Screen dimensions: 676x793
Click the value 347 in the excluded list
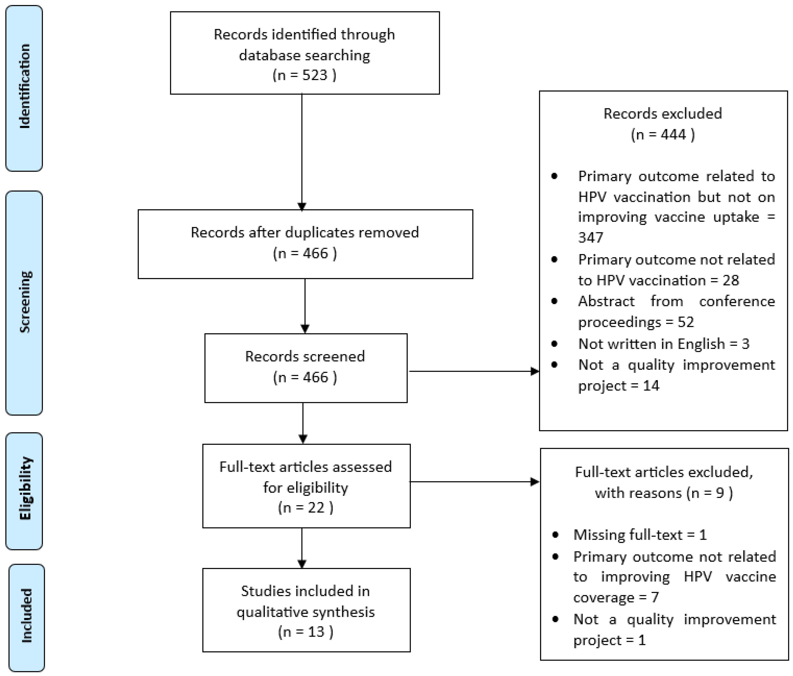click(x=590, y=238)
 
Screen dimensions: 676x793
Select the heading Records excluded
click(x=662, y=114)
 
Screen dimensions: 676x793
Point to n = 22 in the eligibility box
click(x=305, y=508)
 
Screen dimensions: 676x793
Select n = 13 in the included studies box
click(x=305, y=632)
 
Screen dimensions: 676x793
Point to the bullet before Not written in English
click(x=554, y=344)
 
